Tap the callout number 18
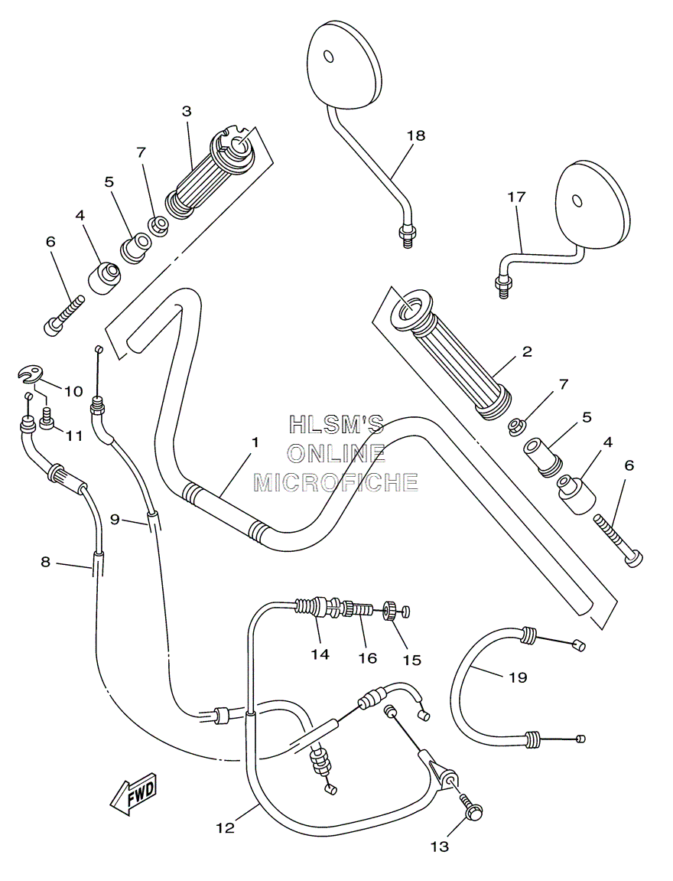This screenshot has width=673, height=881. tap(416, 135)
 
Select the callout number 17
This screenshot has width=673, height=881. tap(516, 197)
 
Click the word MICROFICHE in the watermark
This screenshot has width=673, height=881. tap(336, 481)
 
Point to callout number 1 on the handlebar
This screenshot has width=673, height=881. tap(255, 442)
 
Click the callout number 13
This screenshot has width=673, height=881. tap(440, 846)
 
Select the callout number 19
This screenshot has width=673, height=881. tap(518, 677)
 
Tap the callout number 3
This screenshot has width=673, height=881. tap(187, 111)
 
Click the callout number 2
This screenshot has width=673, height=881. tap(526, 352)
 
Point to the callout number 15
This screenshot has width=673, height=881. tap(412, 660)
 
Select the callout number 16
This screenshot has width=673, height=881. tap(368, 658)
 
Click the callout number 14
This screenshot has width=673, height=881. tap(320, 654)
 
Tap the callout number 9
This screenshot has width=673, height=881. tap(115, 520)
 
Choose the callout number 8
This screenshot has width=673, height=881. tap(45, 562)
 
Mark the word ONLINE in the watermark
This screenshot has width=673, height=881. tap(336, 453)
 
